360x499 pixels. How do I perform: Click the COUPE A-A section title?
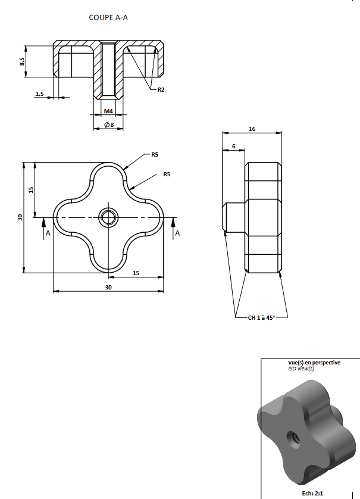click(x=108, y=17)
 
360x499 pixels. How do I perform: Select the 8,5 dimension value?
click(x=21, y=61)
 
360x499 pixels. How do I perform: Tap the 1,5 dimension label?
click(x=39, y=94)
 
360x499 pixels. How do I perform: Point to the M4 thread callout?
click(x=108, y=111)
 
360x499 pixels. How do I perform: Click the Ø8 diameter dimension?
click(x=109, y=125)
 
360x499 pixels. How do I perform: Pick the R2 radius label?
click(x=161, y=90)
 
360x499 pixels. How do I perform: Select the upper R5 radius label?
click(x=155, y=155)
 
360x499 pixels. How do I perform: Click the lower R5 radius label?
click(x=167, y=174)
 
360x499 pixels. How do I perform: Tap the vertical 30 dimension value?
click(x=20, y=217)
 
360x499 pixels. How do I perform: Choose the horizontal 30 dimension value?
click(x=108, y=288)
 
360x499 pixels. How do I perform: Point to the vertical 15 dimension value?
click(x=31, y=190)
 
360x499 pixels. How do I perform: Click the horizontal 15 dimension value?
click(x=136, y=273)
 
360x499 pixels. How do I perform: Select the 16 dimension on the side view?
click(x=252, y=129)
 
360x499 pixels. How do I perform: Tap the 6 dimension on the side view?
click(x=234, y=146)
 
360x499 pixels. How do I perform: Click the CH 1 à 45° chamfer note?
click(x=261, y=317)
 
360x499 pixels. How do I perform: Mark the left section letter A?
click(x=48, y=233)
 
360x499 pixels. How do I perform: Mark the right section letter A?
click(x=177, y=233)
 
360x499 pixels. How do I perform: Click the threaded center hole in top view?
click(x=108, y=218)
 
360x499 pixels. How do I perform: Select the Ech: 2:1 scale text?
click(x=312, y=494)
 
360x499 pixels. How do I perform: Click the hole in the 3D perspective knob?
click(x=293, y=440)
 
